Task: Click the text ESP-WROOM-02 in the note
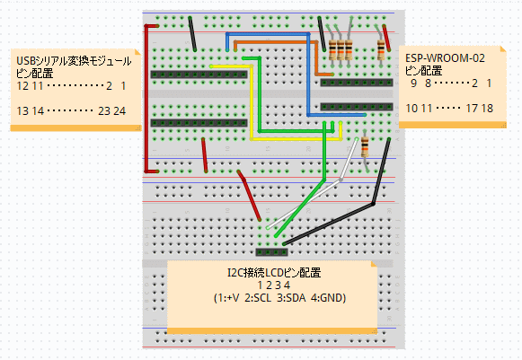(x=445, y=58)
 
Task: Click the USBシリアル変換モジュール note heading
(x=74, y=61)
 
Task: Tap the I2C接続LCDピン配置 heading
(x=274, y=273)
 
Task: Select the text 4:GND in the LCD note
(x=328, y=298)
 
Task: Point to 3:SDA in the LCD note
(x=291, y=298)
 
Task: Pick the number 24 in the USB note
(x=119, y=111)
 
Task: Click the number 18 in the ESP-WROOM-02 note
(x=487, y=109)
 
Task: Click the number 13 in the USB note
(x=22, y=111)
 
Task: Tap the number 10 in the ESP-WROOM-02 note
(x=411, y=109)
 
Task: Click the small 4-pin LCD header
(x=271, y=252)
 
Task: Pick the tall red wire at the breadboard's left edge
(x=146, y=99)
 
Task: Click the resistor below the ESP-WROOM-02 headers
(x=365, y=148)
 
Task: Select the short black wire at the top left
(x=192, y=33)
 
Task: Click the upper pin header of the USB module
(x=199, y=75)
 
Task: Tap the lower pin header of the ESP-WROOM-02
(x=357, y=107)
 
